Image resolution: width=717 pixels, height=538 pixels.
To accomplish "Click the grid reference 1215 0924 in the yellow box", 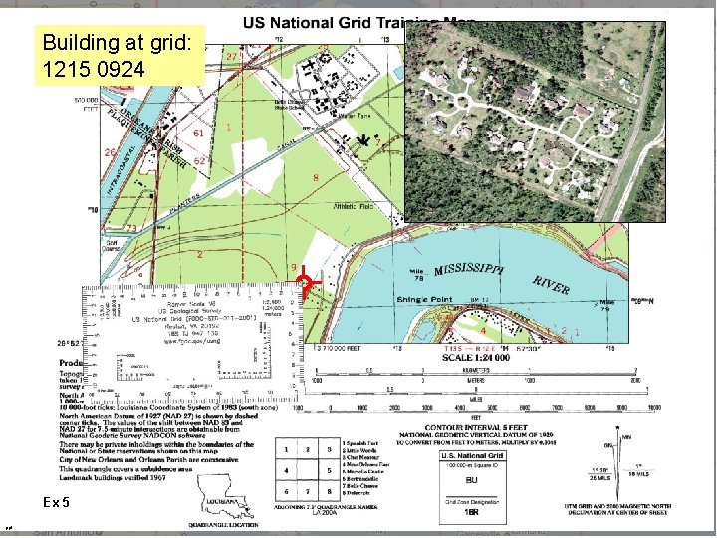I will (x=95, y=70).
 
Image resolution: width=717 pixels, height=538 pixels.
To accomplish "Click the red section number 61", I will (x=199, y=133).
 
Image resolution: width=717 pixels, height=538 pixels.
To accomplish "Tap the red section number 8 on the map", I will (x=316, y=178).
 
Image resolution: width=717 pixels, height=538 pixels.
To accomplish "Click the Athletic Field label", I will (x=351, y=206).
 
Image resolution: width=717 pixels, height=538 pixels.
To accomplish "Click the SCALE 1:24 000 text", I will (x=479, y=358).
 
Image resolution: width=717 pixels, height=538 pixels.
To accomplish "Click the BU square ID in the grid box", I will (x=472, y=479).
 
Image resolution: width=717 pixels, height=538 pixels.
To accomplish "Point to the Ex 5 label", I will (x=57, y=502).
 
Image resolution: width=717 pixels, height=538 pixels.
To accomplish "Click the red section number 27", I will (x=231, y=57).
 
